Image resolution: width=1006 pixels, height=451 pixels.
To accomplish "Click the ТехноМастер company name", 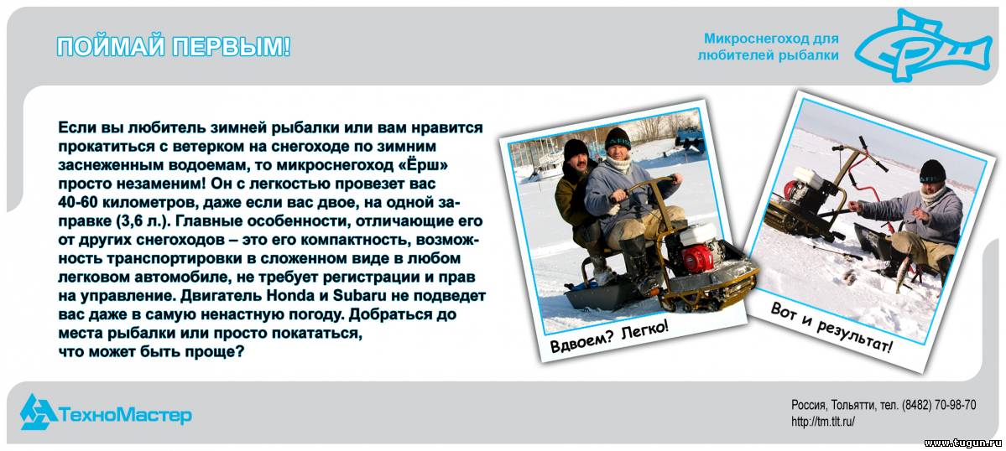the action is [x=126, y=415].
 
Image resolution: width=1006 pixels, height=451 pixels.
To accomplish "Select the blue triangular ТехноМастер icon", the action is [x=37, y=412].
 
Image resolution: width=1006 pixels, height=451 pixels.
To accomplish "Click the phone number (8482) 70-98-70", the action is [x=939, y=405].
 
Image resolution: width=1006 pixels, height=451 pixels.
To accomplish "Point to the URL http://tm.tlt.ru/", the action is [x=823, y=422].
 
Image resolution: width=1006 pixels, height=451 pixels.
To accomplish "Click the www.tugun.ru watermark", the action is [x=962, y=443].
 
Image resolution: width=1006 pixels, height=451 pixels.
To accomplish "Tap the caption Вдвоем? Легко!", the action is [x=609, y=335].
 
